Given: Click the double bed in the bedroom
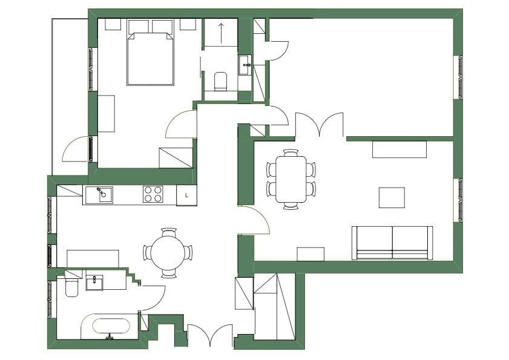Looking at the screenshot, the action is (150, 59).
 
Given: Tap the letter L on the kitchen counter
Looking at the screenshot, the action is (186, 195).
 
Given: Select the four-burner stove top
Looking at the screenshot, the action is (153, 194).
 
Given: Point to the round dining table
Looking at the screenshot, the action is (168, 252).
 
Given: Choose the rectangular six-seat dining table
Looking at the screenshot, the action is (291, 179).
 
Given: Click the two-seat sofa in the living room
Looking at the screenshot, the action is (392, 243).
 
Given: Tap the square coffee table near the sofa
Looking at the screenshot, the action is (392, 197).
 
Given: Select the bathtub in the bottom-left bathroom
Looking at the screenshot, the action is (111, 326).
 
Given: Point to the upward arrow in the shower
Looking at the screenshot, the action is (221, 33).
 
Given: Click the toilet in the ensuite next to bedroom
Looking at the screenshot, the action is (221, 81).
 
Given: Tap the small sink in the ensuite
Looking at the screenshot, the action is (245, 65).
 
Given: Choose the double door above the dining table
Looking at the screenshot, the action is (320, 124).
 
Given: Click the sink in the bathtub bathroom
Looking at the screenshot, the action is (94, 282).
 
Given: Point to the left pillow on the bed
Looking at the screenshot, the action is (139, 27).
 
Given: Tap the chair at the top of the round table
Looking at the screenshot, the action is (169, 232).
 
